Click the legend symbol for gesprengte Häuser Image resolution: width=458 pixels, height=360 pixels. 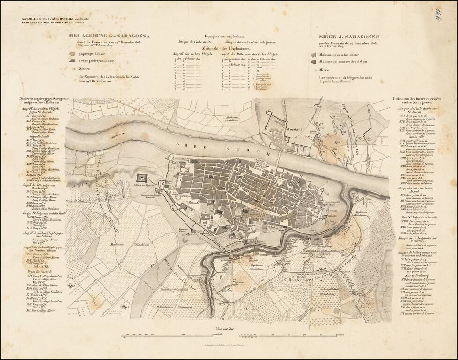point(72,54)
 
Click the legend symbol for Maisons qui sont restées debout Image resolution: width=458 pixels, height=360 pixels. point(313,62)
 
